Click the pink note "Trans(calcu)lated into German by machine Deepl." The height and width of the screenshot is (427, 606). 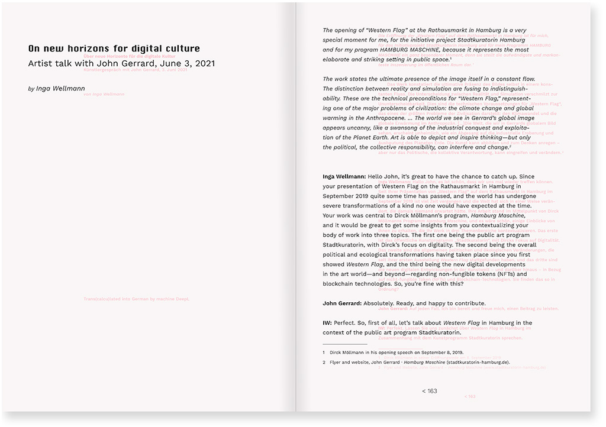coord(137,299)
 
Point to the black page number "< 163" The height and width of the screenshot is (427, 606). coord(430,391)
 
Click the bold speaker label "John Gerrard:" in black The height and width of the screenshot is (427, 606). coord(342,303)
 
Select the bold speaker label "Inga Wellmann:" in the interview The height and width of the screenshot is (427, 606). coord(344,176)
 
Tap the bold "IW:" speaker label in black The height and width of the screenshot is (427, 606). coord(328,323)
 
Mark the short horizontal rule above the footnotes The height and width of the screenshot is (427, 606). coord(344,344)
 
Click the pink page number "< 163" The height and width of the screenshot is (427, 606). coord(470,396)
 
